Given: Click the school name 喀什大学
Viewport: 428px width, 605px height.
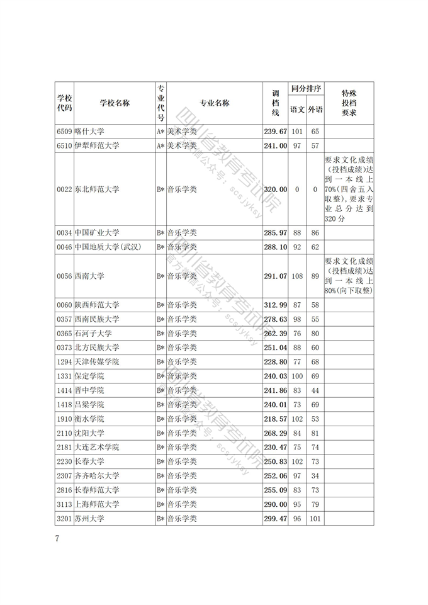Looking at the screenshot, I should [x=89, y=132].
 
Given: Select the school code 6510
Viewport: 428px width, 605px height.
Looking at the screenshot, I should [x=64, y=145].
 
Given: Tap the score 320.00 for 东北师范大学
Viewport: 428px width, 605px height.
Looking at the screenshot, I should [x=275, y=189].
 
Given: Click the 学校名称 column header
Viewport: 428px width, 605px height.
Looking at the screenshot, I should [x=115, y=103].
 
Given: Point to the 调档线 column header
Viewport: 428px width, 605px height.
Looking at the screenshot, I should [x=275, y=103].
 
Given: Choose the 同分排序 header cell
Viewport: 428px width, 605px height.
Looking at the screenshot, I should [x=306, y=89].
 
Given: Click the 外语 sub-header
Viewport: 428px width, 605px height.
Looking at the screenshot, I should [x=315, y=110].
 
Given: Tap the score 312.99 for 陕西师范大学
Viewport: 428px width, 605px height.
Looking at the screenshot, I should [x=275, y=305].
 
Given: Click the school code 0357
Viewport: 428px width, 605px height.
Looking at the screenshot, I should [x=64, y=319].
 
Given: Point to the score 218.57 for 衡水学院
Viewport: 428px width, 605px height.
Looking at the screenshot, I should [x=275, y=419].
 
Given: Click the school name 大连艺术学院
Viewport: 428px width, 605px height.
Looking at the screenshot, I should [x=96, y=447].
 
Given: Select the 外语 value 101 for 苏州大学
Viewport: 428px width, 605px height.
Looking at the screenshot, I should [x=315, y=518].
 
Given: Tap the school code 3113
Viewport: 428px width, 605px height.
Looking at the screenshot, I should [x=64, y=504].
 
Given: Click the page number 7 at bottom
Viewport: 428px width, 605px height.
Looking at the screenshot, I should [x=57, y=538].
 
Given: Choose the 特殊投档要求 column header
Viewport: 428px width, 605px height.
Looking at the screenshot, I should [x=349, y=103].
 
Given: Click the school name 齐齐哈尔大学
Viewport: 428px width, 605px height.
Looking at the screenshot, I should [x=96, y=475].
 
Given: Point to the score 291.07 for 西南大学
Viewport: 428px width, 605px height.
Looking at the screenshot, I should [x=275, y=276].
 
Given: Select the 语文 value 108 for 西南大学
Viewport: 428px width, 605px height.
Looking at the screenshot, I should [x=297, y=276].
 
